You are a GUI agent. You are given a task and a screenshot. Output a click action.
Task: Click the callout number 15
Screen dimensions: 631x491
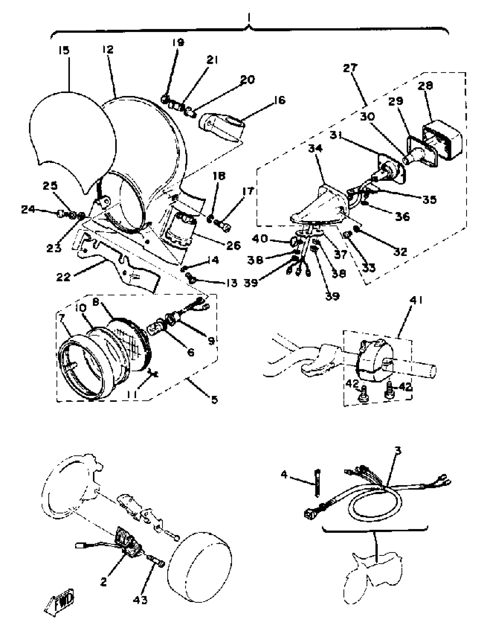pos(64,51)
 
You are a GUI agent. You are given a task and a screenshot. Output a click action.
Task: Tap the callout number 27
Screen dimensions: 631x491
pos(351,68)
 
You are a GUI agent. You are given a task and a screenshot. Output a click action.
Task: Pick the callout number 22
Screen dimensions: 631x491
pos(63,277)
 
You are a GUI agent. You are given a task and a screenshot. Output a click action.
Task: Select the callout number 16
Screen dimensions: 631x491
pos(278,100)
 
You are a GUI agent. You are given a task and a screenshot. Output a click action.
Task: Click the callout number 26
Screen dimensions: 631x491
pos(233,245)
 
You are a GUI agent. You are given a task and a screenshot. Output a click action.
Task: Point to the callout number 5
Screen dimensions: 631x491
pos(214,400)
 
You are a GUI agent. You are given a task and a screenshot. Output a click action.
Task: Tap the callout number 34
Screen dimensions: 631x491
pos(315,149)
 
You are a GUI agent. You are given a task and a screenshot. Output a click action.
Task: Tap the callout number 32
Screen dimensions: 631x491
pos(400,252)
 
